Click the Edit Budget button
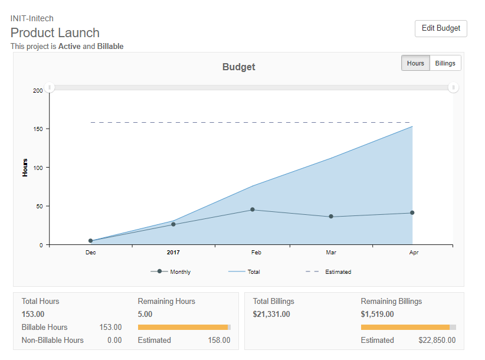pyautogui.click(x=441, y=28)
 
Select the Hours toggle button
pyautogui.click(x=415, y=63)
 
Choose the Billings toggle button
pyautogui.click(x=445, y=63)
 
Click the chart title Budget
pyautogui.click(x=238, y=67)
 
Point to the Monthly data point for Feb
pyautogui.click(x=253, y=210)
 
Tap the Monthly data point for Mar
pyautogui.click(x=331, y=217)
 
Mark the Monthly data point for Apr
pyautogui.click(x=412, y=212)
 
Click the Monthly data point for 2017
pyautogui.click(x=173, y=224)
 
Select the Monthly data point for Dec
pyautogui.click(x=91, y=241)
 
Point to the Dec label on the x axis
pyautogui.click(x=90, y=252)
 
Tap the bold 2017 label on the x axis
pyautogui.click(x=173, y=252)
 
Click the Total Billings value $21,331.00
pyautogui.click(x=271, y=314)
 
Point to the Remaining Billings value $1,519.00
pyautogui.click(x=377, y=314)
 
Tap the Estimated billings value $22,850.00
pyautogui.click(x=437, y=340)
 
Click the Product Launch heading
pyautogui.click(x=55, y=32)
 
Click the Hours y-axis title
pyautogui.click(x=25, y=167)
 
